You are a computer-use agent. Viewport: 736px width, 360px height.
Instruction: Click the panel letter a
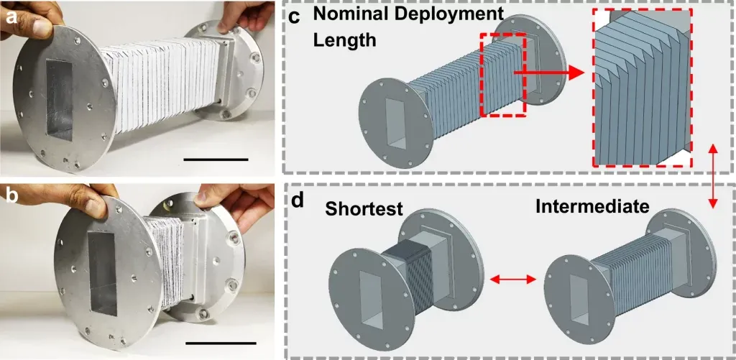[11, 14]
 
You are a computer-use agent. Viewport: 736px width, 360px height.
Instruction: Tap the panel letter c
[298, 15]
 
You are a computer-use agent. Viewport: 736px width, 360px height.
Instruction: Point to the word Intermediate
[592, 207]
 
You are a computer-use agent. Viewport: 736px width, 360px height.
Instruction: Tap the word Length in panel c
[344, 40]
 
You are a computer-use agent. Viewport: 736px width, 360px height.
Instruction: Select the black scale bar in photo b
[220, 343]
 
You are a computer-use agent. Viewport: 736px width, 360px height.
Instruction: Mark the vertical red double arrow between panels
[712, 176]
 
